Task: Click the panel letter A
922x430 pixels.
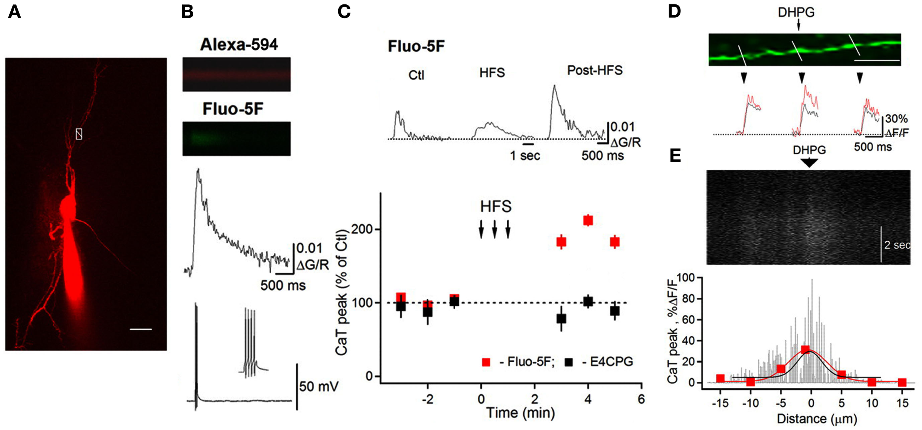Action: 14,12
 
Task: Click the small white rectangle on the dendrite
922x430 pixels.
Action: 79,134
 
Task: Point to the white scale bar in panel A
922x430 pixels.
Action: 141,329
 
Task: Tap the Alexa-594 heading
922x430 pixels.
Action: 239,45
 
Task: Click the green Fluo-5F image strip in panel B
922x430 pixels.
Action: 236,138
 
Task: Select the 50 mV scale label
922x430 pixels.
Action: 318,386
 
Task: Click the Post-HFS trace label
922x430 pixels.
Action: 595,70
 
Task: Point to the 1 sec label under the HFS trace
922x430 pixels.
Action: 525,156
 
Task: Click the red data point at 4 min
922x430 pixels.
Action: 588,220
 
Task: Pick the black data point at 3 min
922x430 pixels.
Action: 561,319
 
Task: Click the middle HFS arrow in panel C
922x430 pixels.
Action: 495,229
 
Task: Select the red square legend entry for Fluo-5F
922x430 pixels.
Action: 486,362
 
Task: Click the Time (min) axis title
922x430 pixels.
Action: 520,413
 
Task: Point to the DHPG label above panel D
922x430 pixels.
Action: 796,12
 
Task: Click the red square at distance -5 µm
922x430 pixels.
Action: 780,369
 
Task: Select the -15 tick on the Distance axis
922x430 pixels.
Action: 720,403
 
